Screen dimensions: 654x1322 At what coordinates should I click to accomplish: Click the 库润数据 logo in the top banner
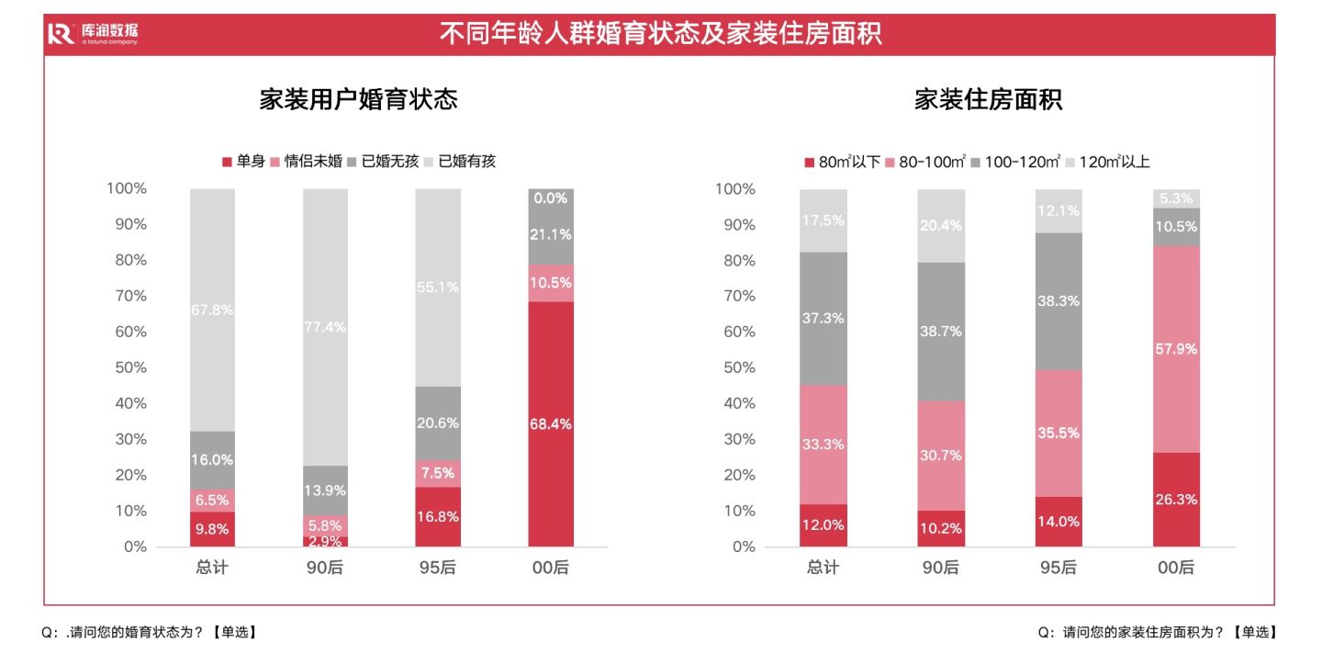[93, 34]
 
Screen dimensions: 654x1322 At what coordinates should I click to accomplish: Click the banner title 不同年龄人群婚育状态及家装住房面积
[660, 34]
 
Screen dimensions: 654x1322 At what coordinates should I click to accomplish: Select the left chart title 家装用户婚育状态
[358, 100]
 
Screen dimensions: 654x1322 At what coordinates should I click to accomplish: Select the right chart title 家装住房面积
[988, 100]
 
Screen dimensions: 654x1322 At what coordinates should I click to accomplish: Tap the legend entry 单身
[243, 162]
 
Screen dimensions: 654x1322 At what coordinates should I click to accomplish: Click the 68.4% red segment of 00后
[551, 424]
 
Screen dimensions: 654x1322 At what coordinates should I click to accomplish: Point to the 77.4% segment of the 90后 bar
[326, 327]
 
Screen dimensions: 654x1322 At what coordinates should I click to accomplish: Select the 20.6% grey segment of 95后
[438, 423]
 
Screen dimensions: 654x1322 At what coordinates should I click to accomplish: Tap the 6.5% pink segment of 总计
[212, 501]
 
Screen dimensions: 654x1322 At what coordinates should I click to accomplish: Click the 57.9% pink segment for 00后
[1176, 349]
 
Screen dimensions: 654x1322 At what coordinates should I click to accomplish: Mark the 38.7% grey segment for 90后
[941, 332]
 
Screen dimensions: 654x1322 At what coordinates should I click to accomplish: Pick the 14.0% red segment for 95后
[1059, 521]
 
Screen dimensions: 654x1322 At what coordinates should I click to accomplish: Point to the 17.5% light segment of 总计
[823, 220]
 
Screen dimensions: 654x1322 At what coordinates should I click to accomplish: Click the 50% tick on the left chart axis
[128, 367]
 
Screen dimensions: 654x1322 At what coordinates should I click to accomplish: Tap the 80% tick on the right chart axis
[735, 260]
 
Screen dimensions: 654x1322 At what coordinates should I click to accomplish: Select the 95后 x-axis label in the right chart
[1058, 568]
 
